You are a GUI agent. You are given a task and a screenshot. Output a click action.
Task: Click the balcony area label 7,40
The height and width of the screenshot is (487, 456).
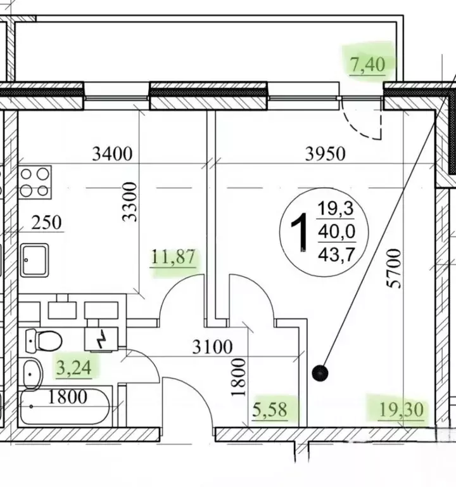click(367, 65)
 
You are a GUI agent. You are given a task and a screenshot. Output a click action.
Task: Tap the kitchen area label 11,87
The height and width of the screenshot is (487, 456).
click(174, 257)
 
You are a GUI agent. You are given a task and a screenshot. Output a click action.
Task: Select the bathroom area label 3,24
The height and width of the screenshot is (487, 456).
click(74, 368)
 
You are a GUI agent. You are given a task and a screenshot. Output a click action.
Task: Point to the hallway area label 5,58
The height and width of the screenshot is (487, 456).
click(270, 410)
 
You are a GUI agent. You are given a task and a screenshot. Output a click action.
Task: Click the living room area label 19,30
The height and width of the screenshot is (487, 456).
click(402, 410)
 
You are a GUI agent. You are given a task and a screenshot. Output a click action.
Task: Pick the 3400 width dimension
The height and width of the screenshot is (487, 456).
click(112, 153)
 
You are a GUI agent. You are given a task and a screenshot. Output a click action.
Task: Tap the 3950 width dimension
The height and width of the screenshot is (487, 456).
click(325, 153)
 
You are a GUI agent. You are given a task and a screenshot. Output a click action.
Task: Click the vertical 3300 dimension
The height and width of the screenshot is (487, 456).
click(129, 202)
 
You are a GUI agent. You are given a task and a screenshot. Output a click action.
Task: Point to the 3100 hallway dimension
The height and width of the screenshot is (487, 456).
click(213, 347)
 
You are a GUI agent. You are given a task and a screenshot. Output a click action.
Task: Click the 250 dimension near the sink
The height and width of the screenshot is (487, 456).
click(46, 223)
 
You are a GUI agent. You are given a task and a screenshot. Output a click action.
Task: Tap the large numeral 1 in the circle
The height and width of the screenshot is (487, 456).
click(300, 232)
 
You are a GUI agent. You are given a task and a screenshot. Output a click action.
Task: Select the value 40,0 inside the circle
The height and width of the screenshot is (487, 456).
click(336, 231)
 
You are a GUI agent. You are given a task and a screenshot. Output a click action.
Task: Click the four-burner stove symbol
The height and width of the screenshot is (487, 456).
click(35, 183)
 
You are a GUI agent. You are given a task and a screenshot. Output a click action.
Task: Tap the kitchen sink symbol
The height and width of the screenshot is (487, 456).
click(35, 260)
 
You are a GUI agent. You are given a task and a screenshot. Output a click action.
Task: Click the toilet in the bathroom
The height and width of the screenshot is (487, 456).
click(44, 341)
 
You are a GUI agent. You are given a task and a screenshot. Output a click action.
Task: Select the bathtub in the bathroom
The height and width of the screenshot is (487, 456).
click(65, 407)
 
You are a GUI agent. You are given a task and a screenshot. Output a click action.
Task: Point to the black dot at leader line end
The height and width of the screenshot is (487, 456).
click(320, 373)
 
